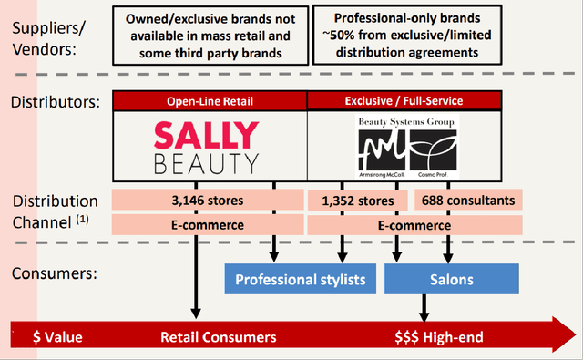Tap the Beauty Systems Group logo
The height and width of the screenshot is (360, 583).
click(408, 146)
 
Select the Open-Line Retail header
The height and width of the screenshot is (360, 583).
click(210, 100)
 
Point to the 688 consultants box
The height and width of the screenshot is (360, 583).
click(469, 200)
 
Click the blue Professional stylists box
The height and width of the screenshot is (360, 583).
click(301, 279)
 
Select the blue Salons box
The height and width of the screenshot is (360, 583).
click(451, 279)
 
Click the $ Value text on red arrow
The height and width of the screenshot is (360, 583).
click(57, 336)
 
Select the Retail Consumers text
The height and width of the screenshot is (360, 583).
click(219, 336)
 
